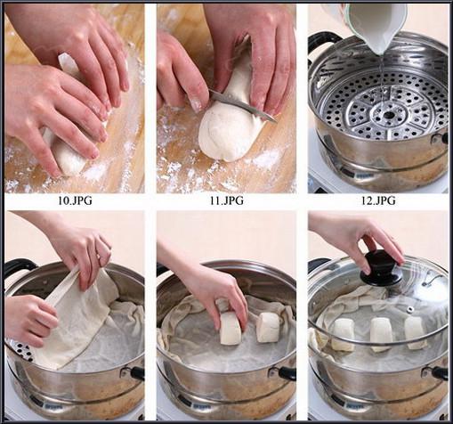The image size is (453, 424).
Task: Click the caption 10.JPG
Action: (75, 200)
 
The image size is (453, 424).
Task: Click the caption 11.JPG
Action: (227, 200)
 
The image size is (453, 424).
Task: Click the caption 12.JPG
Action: (378, 200)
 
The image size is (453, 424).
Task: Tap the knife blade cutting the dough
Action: (243, 104)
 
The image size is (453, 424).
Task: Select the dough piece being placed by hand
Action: (231, 328)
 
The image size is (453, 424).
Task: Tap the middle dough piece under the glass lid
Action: (381, 334)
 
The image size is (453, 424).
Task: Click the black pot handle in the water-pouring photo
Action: (323, 40)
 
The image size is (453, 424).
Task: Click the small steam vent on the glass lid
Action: (410, 310)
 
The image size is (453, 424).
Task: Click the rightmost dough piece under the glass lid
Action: (416, 332)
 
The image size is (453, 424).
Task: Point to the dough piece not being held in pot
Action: (269, 327)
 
